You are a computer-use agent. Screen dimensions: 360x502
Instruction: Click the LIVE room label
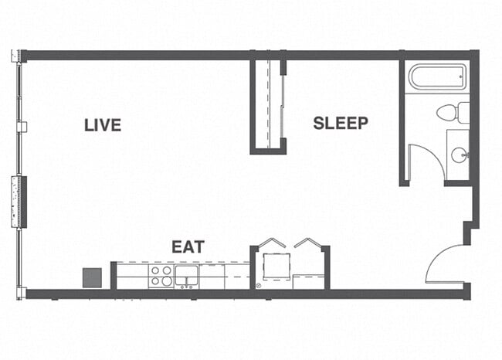coord(103,124)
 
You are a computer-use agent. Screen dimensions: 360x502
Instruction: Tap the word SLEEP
coord(341,123)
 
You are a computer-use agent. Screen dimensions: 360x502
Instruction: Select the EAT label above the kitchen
coord(188,247)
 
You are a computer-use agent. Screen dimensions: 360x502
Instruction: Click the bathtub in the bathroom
coord(437,78)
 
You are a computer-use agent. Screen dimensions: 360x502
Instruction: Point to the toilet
coord(453,113)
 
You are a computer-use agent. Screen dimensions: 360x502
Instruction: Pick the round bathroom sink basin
coord(458,155)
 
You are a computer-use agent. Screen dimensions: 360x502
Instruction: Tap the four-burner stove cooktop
coord(161,276)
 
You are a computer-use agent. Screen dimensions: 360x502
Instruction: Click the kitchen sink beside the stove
coord(186,275)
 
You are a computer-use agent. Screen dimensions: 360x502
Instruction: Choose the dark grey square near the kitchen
coord(93,277)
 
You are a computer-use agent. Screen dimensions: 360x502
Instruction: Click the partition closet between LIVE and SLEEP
coord(268,104)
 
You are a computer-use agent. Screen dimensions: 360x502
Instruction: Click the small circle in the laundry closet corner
coord(259,284)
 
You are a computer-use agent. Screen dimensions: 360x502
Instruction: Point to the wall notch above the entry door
coord(468,232)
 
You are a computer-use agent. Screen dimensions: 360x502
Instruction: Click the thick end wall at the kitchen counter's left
coord(113,276)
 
